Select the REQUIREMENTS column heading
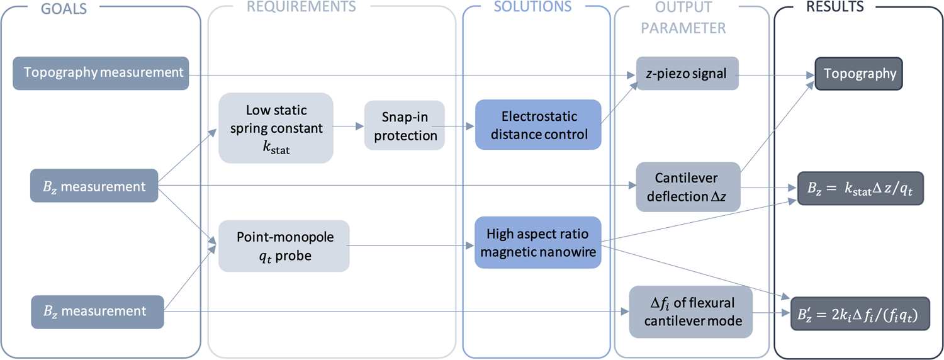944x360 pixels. click(x=301, y=7)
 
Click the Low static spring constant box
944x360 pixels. click(x=276, y=128)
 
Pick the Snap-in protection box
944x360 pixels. click(x=405, y=127)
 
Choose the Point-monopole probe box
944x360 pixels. click(x=284, y=245)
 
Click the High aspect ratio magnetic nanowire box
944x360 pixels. click(x=538, y=242)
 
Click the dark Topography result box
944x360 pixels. click(x=859, y=74)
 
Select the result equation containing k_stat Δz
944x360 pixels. click(x=860, y=188)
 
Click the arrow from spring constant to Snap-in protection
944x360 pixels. click(x=348, y=127)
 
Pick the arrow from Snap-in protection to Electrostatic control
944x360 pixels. click(x=459, y=126)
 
